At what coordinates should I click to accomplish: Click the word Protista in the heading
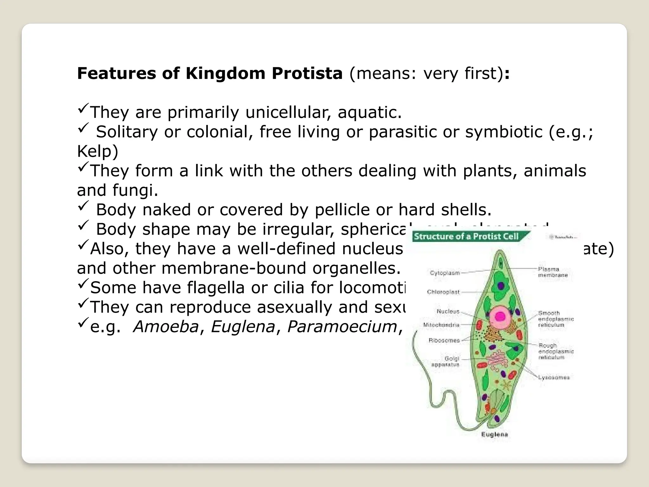[307, 74]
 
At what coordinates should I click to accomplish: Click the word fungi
[135, 190]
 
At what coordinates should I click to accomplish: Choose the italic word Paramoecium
[342, 327]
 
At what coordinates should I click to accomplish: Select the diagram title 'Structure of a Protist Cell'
[466, 237]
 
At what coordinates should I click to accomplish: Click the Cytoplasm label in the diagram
[445, 273]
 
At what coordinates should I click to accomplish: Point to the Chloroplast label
[443, 292]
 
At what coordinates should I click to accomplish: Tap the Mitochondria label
[441, 325]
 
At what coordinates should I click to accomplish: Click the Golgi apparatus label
[447, 361]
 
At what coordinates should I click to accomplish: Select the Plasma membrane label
[553, 272]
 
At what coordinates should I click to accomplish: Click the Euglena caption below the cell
[494, 434]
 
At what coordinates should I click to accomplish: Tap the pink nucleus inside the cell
[500, 316]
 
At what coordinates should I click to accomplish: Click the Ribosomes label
[444, 341]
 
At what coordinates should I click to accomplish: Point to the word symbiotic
[504, 132]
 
